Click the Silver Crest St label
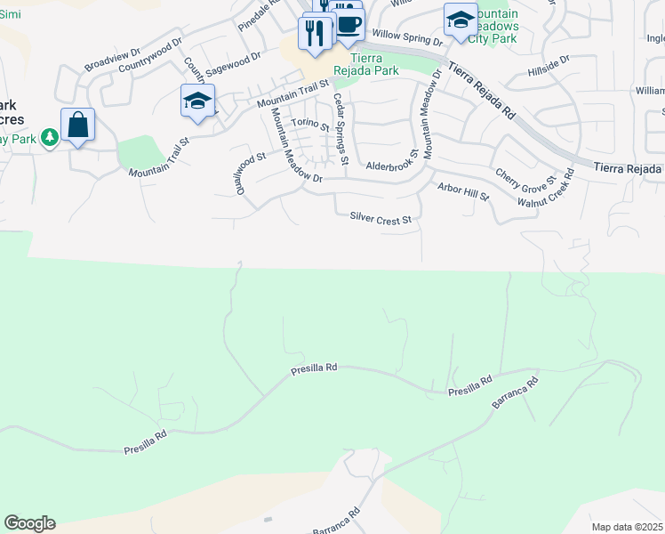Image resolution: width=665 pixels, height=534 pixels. [381, 217]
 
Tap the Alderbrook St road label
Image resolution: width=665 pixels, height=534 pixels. [392, 166]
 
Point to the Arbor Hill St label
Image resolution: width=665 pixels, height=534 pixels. [464, 191]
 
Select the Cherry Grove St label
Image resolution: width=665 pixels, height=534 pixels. [525, 183]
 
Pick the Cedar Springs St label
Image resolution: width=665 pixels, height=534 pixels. [340, 130]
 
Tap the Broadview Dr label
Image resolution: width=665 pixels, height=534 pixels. [113, 61]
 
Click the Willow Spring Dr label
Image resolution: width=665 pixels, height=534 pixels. [407, 36]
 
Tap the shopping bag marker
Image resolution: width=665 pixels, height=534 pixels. [78, 125]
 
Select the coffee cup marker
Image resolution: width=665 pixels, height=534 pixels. [349, 24]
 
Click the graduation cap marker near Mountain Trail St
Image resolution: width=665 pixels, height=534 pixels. [197, 101]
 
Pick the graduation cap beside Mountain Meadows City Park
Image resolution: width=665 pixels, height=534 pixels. [460, 20]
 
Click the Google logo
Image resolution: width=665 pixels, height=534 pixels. [29, 523]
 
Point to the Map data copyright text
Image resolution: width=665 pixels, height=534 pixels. [628, 527]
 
